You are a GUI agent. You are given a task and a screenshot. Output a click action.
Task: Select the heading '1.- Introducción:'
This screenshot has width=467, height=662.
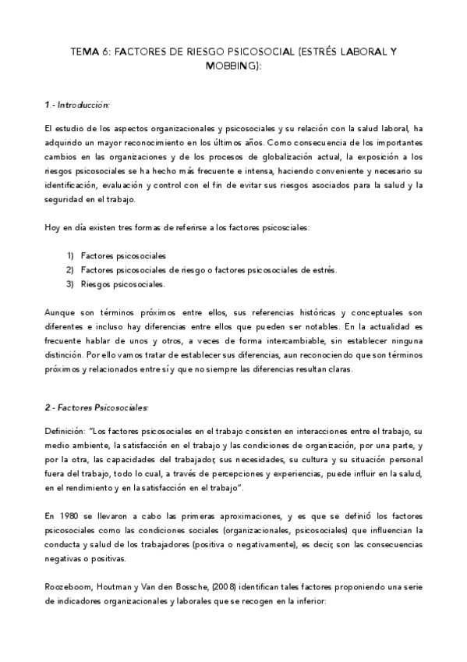[77, 104]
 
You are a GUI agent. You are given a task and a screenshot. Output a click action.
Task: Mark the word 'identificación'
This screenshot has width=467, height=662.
[71, 185]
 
